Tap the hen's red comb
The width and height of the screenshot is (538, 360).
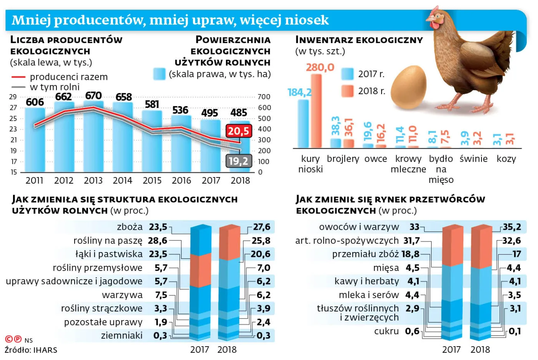[434, 10]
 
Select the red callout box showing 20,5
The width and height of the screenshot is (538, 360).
[238, 131]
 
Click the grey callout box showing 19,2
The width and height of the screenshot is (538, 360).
[238, 161]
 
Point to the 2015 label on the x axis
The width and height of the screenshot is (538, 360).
[152, 181]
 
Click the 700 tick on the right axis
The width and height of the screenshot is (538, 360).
[264, 97]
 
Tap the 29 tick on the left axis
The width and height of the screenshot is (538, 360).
[13, 97]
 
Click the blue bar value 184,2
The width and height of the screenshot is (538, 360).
[299, 92]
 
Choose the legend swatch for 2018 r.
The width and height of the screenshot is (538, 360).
[347, 91]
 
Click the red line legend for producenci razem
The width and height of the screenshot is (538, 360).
[18, 77]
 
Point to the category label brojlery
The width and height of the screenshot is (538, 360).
[343, 159]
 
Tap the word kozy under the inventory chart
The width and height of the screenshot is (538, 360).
[506, 159]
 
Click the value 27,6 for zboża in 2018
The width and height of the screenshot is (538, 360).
[262, 227]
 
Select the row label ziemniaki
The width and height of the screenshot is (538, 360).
[121, 336]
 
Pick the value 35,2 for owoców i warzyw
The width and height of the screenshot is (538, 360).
[512, 227]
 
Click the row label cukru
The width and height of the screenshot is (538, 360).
[386, 331]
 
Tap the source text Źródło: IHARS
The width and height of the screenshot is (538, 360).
[31, 350]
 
